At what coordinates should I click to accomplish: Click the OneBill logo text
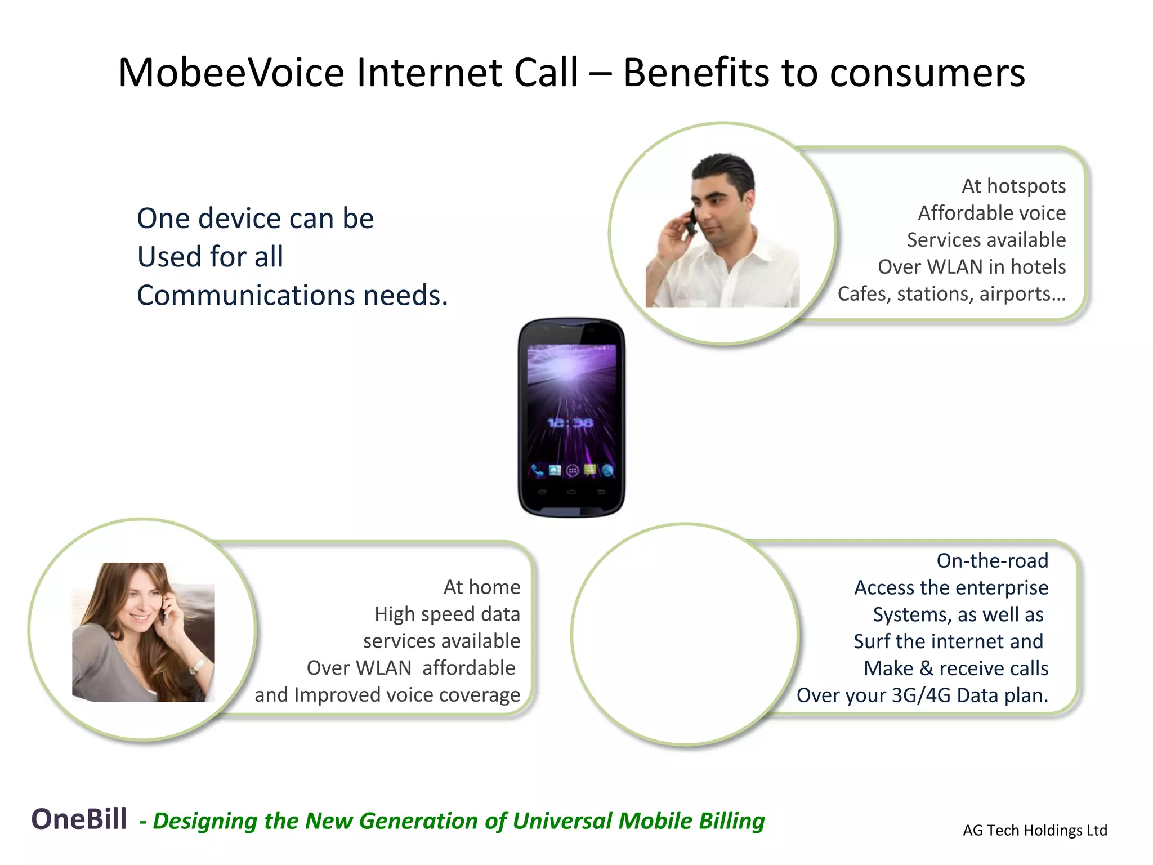click(x=79, y=819)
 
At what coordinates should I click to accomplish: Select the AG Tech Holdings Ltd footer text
click(x=1035, y=830)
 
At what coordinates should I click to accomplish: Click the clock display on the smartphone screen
click(x=570, y=422)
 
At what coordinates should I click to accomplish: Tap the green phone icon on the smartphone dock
click(x=537, y=470)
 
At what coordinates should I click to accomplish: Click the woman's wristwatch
click(x=197, y=666)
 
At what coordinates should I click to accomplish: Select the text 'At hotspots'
click(x=1013, y=186)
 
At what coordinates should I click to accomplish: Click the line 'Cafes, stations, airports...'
click(x=951, y=294)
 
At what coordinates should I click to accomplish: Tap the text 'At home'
click(x=482, y=587)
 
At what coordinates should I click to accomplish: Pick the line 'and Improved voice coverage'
click(x=387, y=695)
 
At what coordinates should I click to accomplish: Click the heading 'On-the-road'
click(x=992, y=560)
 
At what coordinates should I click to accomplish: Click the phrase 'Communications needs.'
click(x=292, y=295)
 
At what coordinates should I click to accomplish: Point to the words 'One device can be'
click(x=255, y=219)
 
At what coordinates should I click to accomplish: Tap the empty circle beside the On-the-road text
click(x=685, y=635)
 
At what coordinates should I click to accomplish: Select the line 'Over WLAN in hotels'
click(x=972, y=267)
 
